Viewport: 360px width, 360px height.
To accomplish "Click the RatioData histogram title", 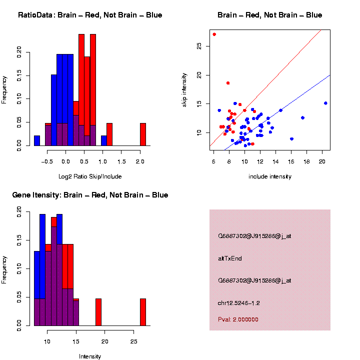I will click(x=90, y=15).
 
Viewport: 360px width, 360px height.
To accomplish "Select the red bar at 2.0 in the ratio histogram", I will click(x=143, y=134).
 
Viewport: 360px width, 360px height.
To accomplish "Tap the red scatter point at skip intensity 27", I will click(x=214, y=34).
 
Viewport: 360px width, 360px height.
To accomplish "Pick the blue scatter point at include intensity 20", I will click(x=325, y=103).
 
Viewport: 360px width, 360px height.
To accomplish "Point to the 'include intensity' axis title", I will click(x=270, y=176).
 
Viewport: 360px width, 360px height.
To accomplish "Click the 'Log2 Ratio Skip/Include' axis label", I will click(x=90, y=176).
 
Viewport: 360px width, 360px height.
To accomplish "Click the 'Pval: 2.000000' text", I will click(x=238, y=319).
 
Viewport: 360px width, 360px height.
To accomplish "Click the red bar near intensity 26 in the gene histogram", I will click(x=143, y=312).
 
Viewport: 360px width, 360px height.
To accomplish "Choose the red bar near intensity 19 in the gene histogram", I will click(x=98, y=312).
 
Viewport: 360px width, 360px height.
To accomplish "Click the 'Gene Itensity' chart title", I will click(x=90, y=195).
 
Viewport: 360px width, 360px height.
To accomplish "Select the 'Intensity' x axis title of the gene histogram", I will click(x=90, y=356).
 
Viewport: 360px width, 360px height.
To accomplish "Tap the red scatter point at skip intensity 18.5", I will click(x=228, y=83).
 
